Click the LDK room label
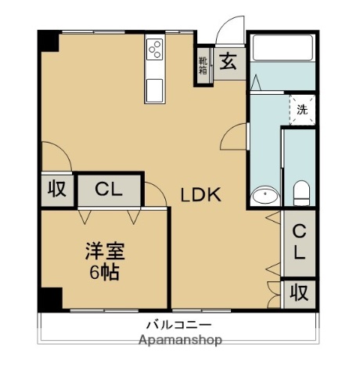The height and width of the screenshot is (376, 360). coord(202,195)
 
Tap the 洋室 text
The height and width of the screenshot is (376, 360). coord(105,252)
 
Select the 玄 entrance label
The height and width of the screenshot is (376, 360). coord(228,62)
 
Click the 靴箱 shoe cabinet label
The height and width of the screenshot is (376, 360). coord(203,65)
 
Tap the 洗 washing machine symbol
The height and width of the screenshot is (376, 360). coord(302,110)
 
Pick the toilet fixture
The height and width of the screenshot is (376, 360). coord(301,191)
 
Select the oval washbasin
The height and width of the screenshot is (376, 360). coord(266,195)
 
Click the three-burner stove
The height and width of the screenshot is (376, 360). coord(154,50)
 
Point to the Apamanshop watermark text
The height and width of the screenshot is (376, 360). coord(180,340)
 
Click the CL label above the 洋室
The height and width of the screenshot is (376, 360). coord(109,190)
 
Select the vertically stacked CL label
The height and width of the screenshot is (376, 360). coord(300,243)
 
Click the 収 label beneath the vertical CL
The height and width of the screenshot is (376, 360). coord(300,292)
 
